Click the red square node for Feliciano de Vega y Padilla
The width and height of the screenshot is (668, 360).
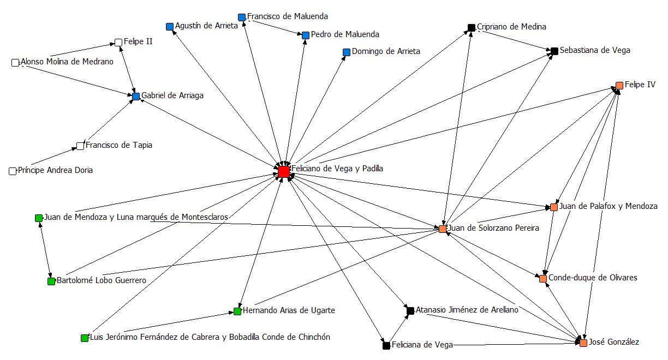pyautogui.click(x=283, y=172)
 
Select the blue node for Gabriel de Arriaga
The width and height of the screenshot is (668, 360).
pyautogui.click(x=136, y=97)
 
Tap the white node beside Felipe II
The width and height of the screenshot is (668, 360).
pyautogui.click(x=118, y=42)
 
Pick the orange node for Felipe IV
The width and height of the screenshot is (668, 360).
pyautogui.click(x=619, y=86)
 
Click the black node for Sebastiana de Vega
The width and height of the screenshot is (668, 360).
pyautogui.click(x=554, y=51)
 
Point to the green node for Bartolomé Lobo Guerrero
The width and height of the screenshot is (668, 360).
pyautogui.click(x=51, y=281)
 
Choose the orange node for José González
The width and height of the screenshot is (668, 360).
pyautogui.click(x=583, y=343)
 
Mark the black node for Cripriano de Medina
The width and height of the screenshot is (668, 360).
pyautogui.click(x=472, y=27)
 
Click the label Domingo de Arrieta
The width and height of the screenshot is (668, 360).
pyautogui.click(x=386, y=52)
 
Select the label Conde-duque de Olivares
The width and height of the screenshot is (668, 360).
pyautogui.click(x=592, y=278)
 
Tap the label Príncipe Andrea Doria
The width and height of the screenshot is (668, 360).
pyautogui.click(x=55, y=170)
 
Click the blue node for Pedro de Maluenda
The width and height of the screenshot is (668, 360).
pyautogui.click(x=306, y=35)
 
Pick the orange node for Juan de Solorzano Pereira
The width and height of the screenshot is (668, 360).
pyautogui.click(x=443, y=229)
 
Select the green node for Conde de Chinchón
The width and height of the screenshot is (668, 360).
pyautogui.click(x=85, y=338)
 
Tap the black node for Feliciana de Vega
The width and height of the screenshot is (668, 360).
pyautogui.click(x=386, y=345)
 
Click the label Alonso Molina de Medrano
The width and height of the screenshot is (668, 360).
pyautogui.click(x=67, y=62)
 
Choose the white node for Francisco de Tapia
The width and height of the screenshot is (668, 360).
pyautogui.click(x=81, y=146)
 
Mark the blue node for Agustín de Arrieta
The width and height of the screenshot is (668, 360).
pyautogui.click(x=170, y=27)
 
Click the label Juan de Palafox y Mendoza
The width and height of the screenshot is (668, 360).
pyautogui.click(x=609, y=206)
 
